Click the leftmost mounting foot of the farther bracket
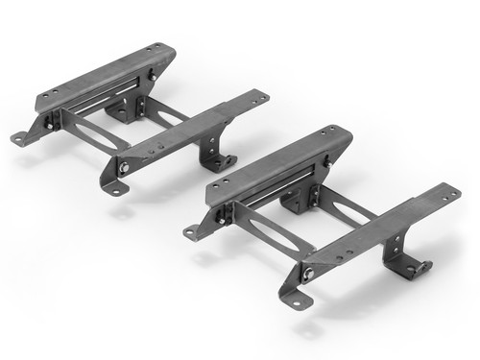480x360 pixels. pos(22,138)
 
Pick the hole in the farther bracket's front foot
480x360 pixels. pos(117,189)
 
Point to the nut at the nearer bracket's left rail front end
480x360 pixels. pos(220,219)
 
